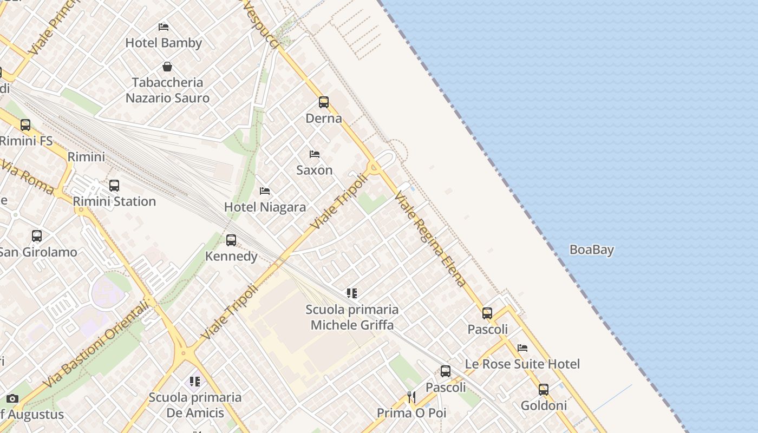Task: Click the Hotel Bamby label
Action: (x=164, y=43)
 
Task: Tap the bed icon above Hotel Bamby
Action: (x=164, y=27)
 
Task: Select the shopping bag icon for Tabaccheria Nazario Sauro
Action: (x=167, y=67)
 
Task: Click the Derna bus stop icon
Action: (x=324, y=102)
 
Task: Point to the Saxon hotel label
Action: (x=315, y=170)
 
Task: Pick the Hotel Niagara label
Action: (x=265, y=207)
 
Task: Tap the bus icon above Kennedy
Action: (x=231, y=240)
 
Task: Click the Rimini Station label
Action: (x=114, y=201)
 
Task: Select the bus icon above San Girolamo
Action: (x=37, y=236)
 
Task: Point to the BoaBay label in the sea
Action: (x=592, y=250)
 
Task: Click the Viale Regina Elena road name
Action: (x=430, y=238)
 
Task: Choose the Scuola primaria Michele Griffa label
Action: (x=352, y=317)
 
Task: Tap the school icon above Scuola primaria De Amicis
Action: (x=195, y=382)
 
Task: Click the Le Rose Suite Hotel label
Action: (x=522, y=364)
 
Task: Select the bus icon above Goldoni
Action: (x=544, y=390)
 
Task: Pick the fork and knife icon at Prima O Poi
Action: (x=411, y=397)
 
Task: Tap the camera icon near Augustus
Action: (x=12, y=399)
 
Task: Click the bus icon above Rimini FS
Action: (x=25, y=125)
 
